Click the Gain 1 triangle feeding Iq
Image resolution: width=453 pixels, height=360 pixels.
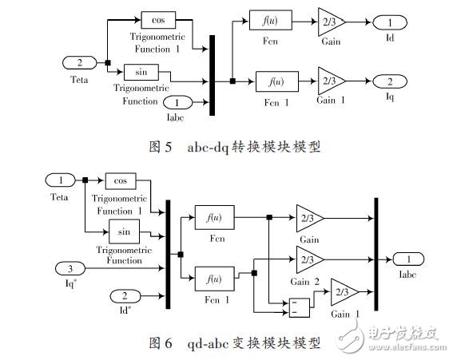click(x=328, y=80)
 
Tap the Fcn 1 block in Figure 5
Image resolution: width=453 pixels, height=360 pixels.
click(x=272, y=80)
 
